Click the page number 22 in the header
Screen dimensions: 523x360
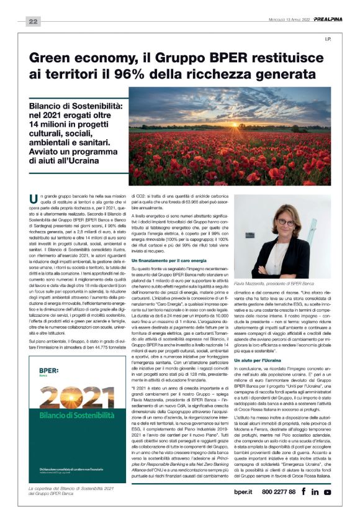pyautogui.click(x=32, y=22)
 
